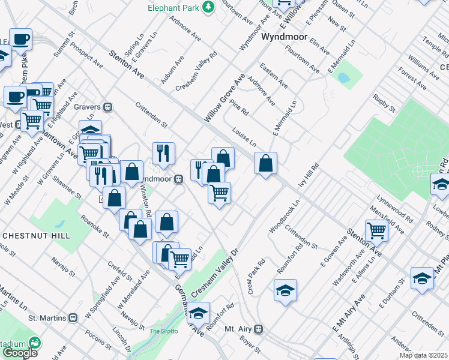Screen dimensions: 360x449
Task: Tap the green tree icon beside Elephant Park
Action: point(208,7)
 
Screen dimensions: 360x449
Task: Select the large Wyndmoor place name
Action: point(285,37)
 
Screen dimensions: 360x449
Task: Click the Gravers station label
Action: point(89,107)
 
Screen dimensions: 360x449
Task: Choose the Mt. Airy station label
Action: point(240,329)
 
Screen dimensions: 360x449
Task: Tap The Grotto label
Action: point(164,331)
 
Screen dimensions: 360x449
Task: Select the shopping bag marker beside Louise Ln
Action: point(265,163)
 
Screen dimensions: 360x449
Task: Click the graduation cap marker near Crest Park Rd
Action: point(285,291)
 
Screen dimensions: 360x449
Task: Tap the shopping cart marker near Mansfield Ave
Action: point(376,229)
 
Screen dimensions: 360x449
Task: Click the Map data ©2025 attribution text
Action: point(424,355)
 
